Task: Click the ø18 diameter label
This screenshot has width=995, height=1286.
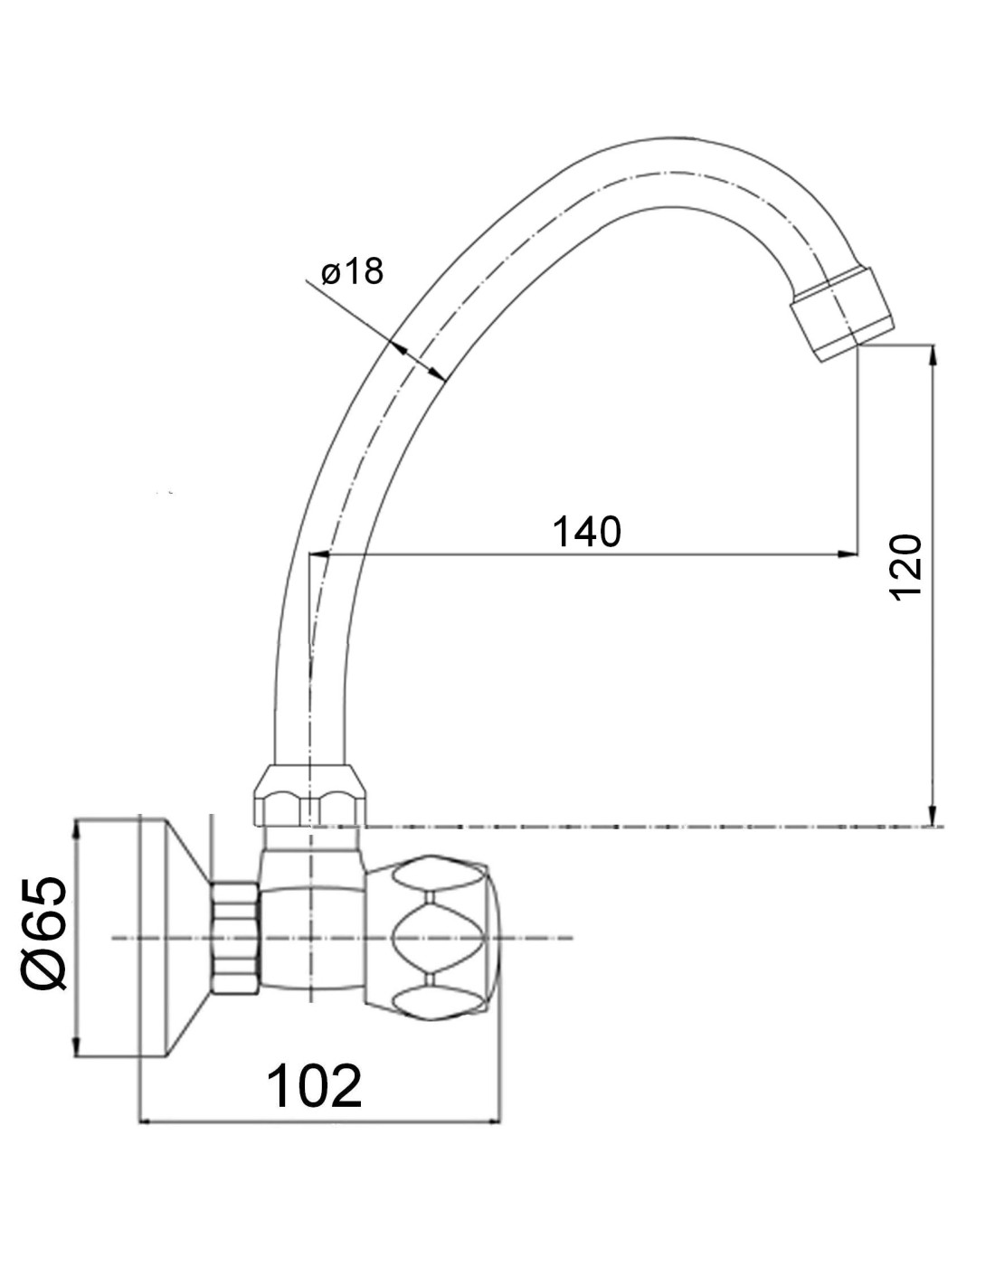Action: (x=352, y=272)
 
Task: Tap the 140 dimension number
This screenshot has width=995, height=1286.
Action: (x=586, y=532)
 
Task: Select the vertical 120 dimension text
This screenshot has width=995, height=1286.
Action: (x=906, y=568)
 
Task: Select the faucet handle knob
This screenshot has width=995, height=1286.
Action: (x=432, y=936)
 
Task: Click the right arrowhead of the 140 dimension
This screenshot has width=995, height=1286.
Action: (x=848, y=554)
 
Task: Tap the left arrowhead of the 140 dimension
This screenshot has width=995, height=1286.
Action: (x=320, y=554)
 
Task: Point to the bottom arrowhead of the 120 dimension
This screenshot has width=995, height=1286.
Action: (x=933, y=815)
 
